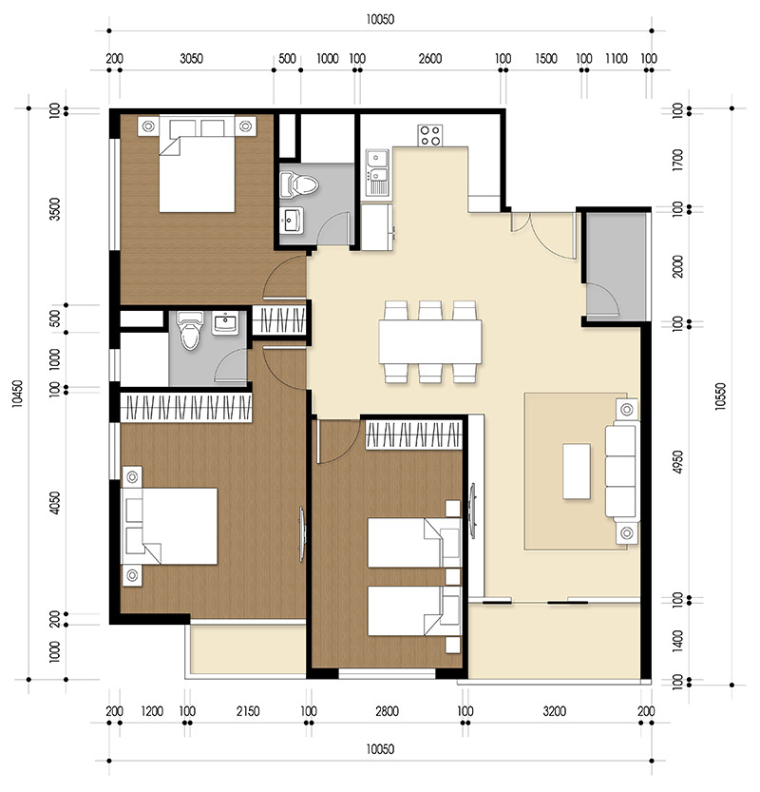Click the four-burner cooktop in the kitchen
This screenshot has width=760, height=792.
(430, 135)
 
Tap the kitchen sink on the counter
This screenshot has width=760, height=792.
(377, 170)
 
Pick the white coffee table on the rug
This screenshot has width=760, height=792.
(578, 471)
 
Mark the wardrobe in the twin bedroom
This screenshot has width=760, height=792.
(413, 436)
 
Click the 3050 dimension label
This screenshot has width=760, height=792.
(192, 58)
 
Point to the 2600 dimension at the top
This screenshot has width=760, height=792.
(429, 58)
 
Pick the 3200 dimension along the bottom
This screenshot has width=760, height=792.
(555, 710)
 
